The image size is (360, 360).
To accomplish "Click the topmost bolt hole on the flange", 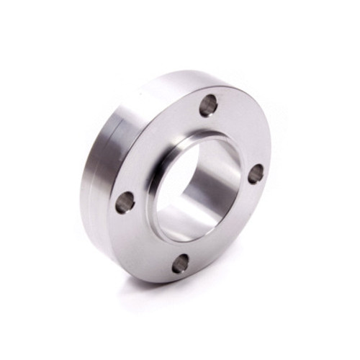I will tap(209, 106).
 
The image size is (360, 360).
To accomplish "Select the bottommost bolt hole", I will tap(181, 264).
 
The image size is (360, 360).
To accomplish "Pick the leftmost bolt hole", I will tap(125, 202).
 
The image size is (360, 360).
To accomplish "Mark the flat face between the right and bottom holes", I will tap(230, 230).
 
